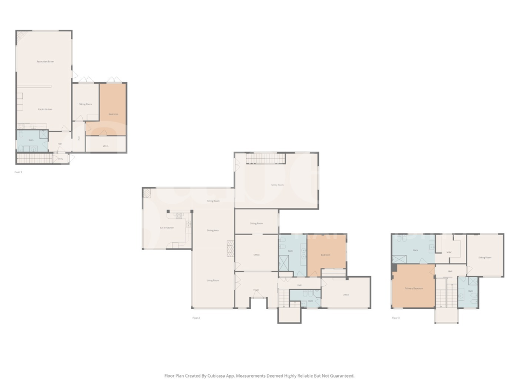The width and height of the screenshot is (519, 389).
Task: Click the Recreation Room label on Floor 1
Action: pos(45,62)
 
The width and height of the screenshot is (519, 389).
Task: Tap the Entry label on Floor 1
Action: pos(60,159)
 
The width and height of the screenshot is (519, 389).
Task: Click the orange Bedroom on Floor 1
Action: pos(113,114)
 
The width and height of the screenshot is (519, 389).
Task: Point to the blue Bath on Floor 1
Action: pos(31,140)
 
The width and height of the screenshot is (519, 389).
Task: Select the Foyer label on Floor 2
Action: pos(256,290)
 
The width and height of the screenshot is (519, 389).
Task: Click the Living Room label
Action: pos(212,280)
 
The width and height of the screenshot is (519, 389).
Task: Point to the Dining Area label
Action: pos(212,231)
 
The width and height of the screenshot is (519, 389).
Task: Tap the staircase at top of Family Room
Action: pos(265,158)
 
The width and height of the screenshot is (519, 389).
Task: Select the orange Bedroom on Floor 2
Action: pos(325,254)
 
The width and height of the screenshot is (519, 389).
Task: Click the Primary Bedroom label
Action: pos(414,289)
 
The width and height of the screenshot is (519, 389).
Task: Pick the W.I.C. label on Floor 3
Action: pos(449,252)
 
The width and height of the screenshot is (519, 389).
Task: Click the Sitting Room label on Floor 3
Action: pos(484,257)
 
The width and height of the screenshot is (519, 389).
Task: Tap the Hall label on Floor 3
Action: pos(449,271)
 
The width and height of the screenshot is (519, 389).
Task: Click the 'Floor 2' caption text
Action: pos(196,318)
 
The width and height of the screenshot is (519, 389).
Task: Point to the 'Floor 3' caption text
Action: pos(396,318)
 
